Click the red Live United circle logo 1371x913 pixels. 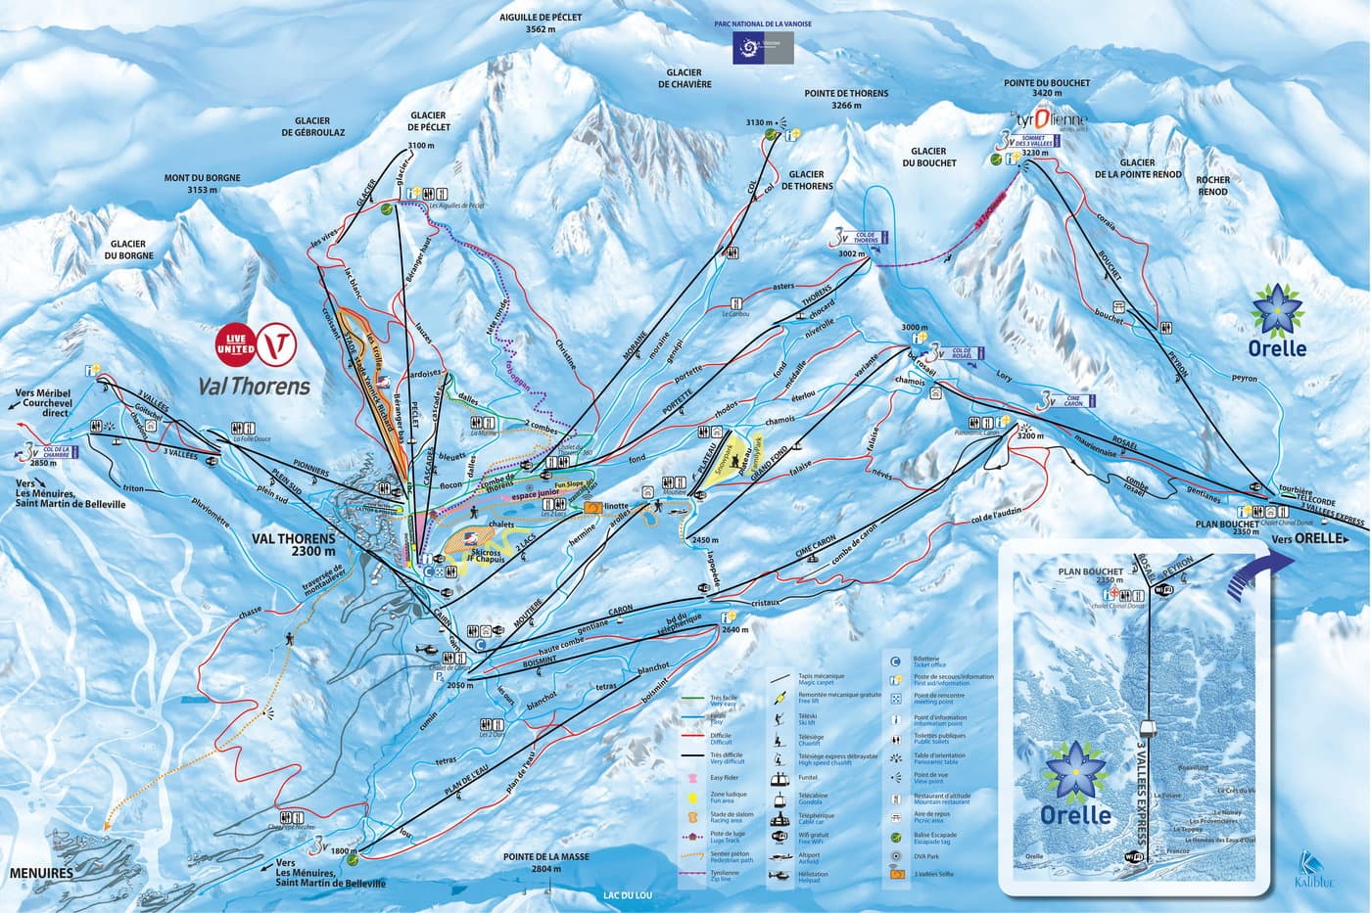coord(235,343)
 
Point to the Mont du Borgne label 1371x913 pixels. coord(190,184)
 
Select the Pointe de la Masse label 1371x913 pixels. coord(546,862)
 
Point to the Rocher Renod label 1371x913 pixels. coord(1211,185)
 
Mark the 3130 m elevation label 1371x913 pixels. coord(759,123)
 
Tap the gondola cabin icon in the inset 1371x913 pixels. coord(1148,728)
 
